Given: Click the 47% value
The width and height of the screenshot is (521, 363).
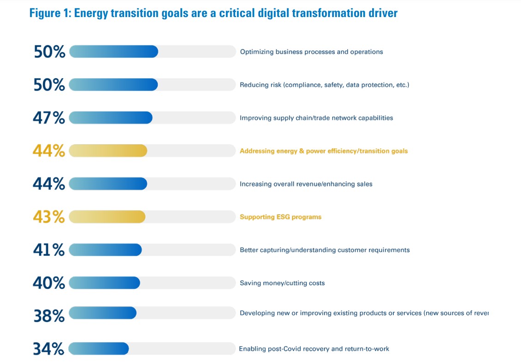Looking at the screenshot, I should (x=49, y=118).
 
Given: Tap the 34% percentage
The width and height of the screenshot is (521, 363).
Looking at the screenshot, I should (x=48, y=349).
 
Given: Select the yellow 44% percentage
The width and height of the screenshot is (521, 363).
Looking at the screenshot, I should (x=49, y=151).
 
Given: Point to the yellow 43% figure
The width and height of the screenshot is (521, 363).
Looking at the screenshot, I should (x=49, y=217).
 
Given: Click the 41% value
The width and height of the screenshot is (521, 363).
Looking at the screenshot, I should (x=49, y=250).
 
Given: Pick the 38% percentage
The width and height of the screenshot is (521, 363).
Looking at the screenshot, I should (x=49, y=316).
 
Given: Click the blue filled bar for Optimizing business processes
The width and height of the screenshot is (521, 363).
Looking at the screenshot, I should (x=113, y=52).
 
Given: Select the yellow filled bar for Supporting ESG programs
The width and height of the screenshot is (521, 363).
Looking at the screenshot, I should (x=107, y=217).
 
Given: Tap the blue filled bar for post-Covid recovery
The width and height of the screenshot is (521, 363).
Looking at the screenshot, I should (x=99, y=349).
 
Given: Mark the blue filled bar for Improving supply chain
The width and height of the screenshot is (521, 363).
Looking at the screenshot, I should (x=111, y=118).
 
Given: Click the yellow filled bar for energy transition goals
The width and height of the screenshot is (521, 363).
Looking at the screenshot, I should (x=108, y=151).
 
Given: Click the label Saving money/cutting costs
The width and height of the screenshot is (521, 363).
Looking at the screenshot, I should (x=282, y=283).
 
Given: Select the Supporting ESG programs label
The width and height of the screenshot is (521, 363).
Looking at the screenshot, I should (x=280, y=217).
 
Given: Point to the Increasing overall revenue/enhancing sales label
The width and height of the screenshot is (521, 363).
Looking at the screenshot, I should (x=306, y=184).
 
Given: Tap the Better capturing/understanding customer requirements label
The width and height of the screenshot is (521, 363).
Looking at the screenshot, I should (x=325, y=250).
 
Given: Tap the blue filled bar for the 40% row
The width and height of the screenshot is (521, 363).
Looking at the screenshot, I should (x=105, y=283).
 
